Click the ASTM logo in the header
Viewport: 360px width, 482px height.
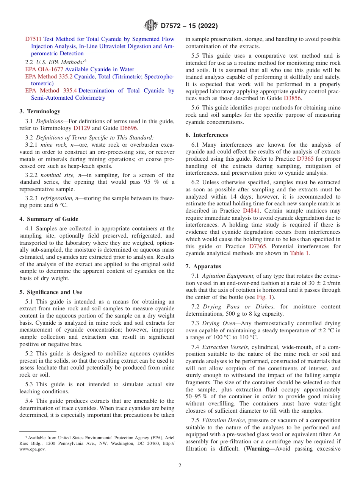pos(151,26)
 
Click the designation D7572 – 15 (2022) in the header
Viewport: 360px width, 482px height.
pos(189,26)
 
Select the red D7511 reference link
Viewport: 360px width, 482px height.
pos(33,39)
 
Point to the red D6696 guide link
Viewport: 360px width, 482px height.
pos(128,128)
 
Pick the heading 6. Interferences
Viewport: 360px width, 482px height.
pos(207,135)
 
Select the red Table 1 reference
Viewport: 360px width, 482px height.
pos(299,254)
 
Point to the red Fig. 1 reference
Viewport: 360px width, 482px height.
pos(265,297)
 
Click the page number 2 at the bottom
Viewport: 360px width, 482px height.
pos(180,466)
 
